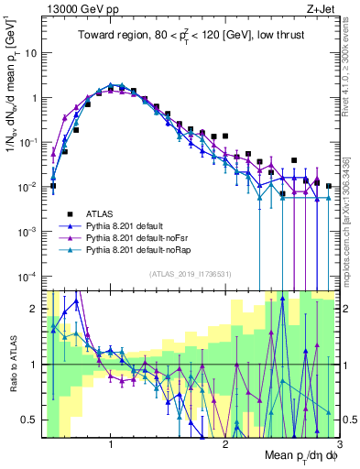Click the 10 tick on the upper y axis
tap(32, 52)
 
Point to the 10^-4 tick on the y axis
tap(28, 276)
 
